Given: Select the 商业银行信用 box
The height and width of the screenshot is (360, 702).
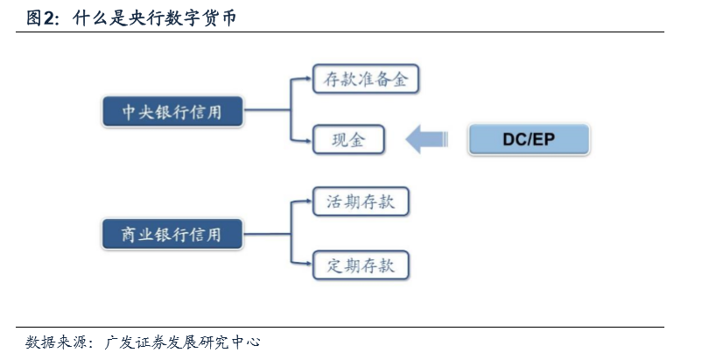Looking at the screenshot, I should point(171,234).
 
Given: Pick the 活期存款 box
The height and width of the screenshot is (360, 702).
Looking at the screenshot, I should point(361,202).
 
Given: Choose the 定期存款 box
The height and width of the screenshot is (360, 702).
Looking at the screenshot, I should point(361,265).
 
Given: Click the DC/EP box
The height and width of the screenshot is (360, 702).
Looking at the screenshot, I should point(529,139).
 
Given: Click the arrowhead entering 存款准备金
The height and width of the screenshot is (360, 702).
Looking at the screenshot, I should point(307,80).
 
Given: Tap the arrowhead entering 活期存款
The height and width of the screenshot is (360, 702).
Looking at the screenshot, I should point(307,202).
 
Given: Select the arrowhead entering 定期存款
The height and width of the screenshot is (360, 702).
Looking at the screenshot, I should point(307,265).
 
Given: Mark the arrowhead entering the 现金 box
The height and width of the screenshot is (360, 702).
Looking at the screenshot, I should point(307,139).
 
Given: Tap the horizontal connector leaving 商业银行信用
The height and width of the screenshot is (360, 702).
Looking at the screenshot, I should point(266,234).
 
